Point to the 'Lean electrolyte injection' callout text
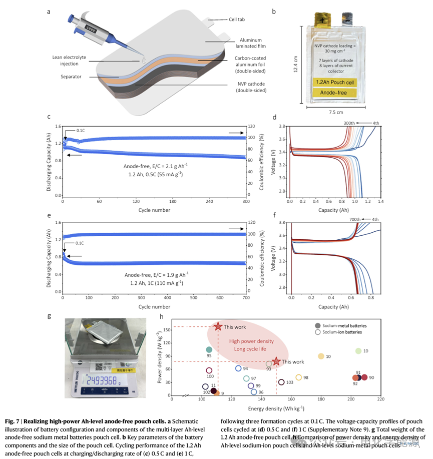click(67, 61)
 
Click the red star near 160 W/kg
click(218, 326)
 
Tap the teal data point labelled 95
click(209, 350)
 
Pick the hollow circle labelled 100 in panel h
click(209, 371)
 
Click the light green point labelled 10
click(358, 351)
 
